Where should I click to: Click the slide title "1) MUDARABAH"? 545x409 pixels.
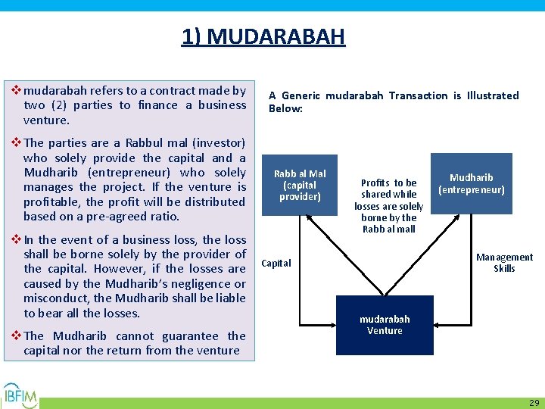(x=263, y=36)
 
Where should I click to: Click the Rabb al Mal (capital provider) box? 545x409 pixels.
(x=300, y=185)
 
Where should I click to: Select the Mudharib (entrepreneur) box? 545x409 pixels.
(x=471, y=183)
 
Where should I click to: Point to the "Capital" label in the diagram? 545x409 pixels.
(x=276, y=264)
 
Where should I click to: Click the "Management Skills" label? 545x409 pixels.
(x=504, y=263)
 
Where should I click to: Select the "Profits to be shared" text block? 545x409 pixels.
(x=388, y=205)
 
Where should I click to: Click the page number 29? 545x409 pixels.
(x=534, y=403)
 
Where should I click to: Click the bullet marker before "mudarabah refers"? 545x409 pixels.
(x=16, y=90)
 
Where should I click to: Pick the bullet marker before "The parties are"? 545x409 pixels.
(x=16, y=142)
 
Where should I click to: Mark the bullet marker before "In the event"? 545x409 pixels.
(x=16, y=239)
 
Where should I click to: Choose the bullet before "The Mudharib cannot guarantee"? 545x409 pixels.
(x=16, y=336)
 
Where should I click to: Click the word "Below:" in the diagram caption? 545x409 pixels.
(x=285, y=109)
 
